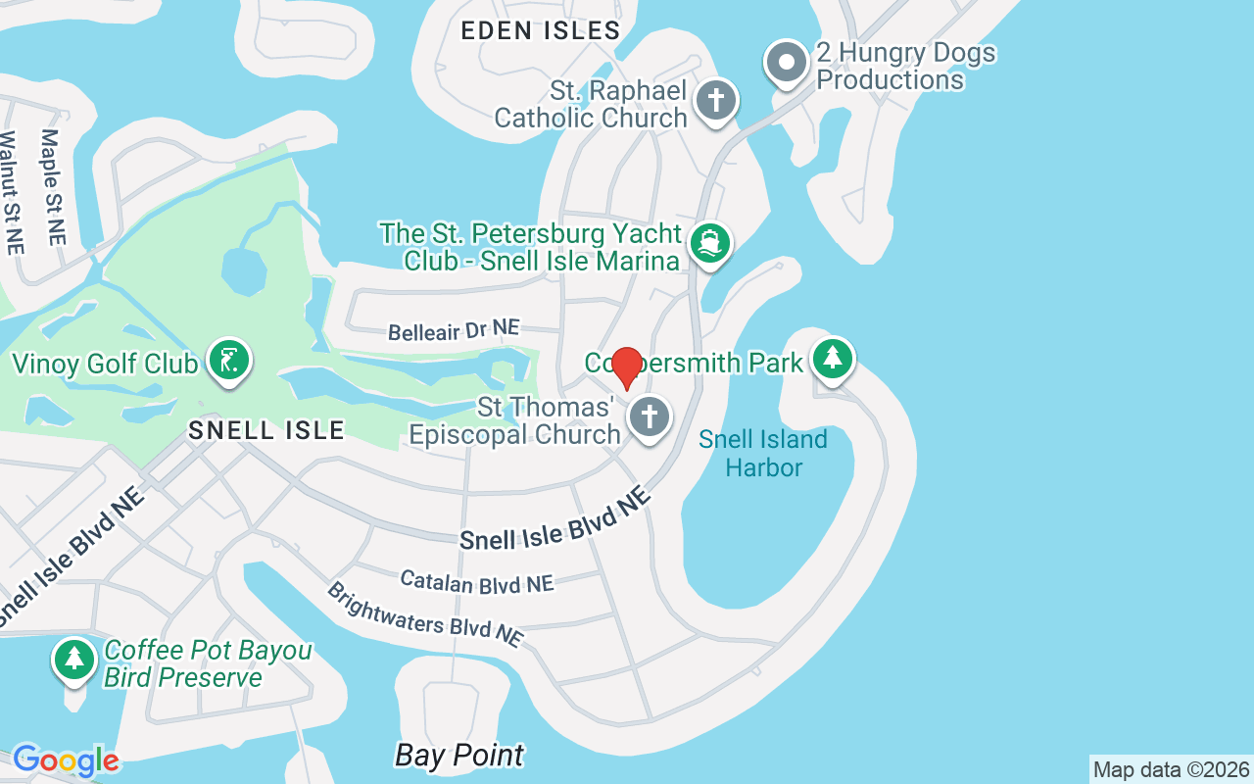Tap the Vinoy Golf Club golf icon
pyautogui.click(x=228, y=361)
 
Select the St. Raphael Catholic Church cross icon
pyautogui.click(x=716, y=101)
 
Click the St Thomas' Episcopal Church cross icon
pyautogui.click(x=648, y=417)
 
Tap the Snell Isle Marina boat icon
pyautogui.click(x=709, y=243)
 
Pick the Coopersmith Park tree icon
pyautogui.click(x=833, y=358)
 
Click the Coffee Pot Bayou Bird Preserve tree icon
pyautogui.click(x=73, y=659)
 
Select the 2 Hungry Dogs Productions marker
pyautogui.click(x=786, y=62)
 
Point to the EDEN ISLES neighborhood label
pyautogui.click(x=541, y=30)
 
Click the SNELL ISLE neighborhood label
pyautogui.click(x=266, y=429)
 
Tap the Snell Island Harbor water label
pyautogui.click(x=763, y=453)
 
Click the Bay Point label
pyautogui.click(x=459, y=756)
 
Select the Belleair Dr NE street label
pyautogui.click(x=454, y=331)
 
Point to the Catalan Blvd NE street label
pyautogui.click(x=477, y=582)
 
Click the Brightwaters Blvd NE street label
pyautogui.click(x=424, y=614)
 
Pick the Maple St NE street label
pyautogui.click(x=52, y=186)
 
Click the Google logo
pyautogui.click(x=66, y=760)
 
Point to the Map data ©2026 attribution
pyautogui.click(x=1171, y=770)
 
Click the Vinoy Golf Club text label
pyautogui.click(x=105, y=364)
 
